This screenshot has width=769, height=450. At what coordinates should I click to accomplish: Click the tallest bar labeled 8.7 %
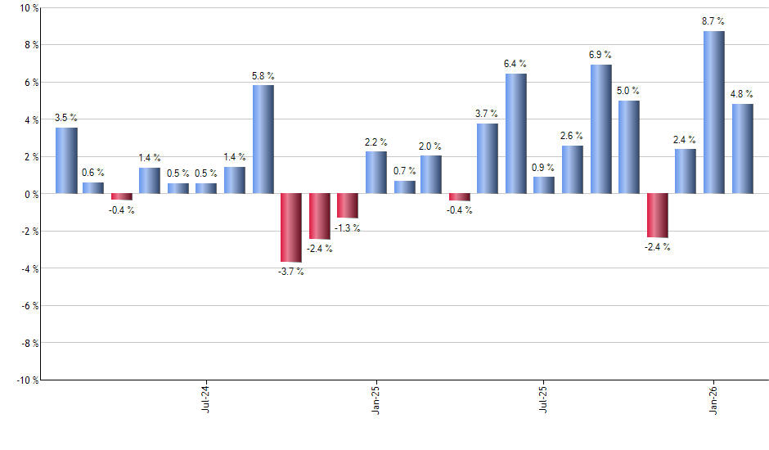[714, 112]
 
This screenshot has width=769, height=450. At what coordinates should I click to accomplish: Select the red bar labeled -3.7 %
[291, 227]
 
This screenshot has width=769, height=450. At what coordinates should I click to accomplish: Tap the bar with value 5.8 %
[263, 139]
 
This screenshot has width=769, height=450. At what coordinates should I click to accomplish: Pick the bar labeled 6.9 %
[600, 129]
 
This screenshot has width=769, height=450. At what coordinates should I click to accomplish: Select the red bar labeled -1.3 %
[348, 205]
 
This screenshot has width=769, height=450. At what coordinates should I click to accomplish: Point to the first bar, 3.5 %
[66, 160]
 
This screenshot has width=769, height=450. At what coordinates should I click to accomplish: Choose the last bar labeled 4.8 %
[742, 149]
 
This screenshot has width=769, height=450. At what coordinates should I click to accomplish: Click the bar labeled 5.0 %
[629, 147]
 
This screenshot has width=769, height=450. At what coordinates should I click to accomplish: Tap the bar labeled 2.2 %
[376, 173]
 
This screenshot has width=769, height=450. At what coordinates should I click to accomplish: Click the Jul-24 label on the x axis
[205, 399]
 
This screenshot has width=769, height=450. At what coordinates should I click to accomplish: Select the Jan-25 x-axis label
[376, 399]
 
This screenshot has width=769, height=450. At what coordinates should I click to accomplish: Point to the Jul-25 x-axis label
[544, 399]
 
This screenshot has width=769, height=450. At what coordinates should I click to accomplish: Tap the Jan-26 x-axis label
[713, 399]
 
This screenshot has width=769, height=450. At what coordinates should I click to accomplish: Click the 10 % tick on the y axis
[29, 8]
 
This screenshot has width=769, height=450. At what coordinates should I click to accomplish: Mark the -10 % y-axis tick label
[27, 380]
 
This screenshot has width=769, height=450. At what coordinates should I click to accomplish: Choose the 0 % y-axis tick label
[31, 194]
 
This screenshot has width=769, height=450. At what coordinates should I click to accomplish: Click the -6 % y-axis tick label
[29, 305]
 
